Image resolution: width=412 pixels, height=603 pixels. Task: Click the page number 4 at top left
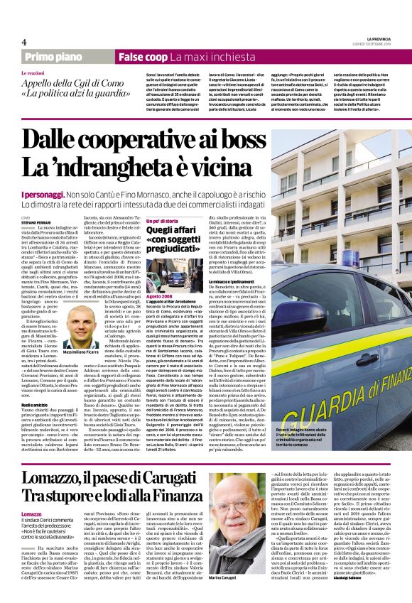24,41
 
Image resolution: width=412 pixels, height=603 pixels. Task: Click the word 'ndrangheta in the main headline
135,168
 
